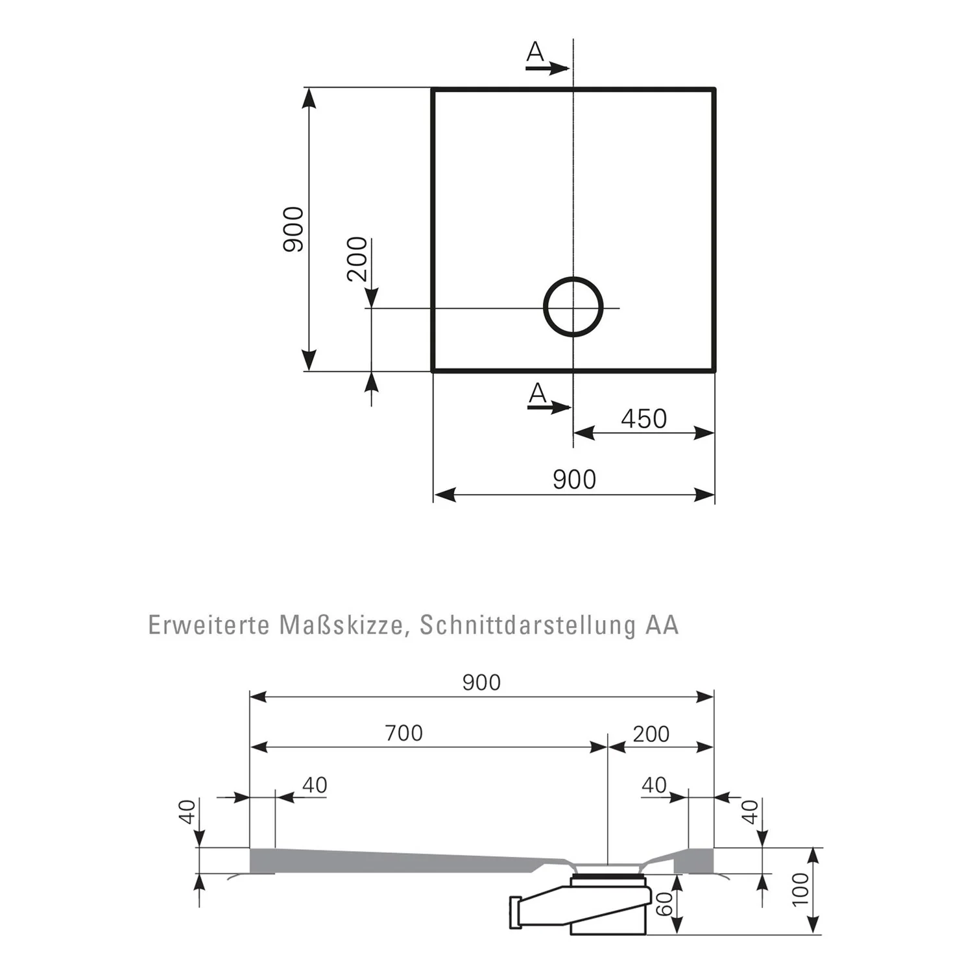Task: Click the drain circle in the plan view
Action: pos(573,307)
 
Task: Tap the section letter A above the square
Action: pos(535,53)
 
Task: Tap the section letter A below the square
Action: pos(538,394)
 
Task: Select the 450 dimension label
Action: pos(643,419)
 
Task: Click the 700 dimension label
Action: pos(403,733)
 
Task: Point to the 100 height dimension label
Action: pos(801,889)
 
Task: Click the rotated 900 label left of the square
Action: pos(293,229)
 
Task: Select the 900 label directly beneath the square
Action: pos(574,480)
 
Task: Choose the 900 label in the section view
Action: pos(481,682)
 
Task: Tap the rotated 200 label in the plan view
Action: pos(357,259)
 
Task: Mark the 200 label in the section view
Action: pos(651,734)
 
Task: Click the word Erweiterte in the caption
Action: pos(209,625)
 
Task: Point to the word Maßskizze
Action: pos(344,625)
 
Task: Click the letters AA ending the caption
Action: pos(662,625)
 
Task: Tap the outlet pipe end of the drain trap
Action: pos(516,912)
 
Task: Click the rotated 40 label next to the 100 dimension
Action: pos(750,811)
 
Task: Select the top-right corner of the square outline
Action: pos(714,89)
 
